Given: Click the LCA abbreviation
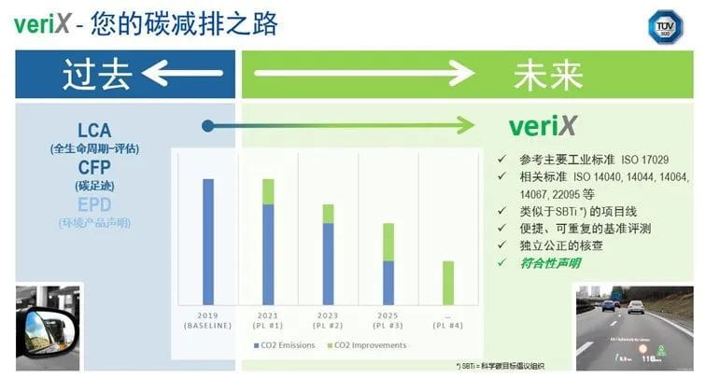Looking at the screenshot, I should [96, 131].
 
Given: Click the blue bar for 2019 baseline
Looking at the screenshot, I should [208, 241].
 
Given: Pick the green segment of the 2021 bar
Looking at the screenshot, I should [268, 191].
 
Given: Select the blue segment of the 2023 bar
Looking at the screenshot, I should [328, 263].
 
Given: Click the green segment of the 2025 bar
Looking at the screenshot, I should [388, 242].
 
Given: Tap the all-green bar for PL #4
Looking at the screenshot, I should [447, 282].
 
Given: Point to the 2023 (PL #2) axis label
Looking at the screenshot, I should [328, 320].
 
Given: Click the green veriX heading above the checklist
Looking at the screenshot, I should [542, 126].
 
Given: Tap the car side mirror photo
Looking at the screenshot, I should [47, 321].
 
